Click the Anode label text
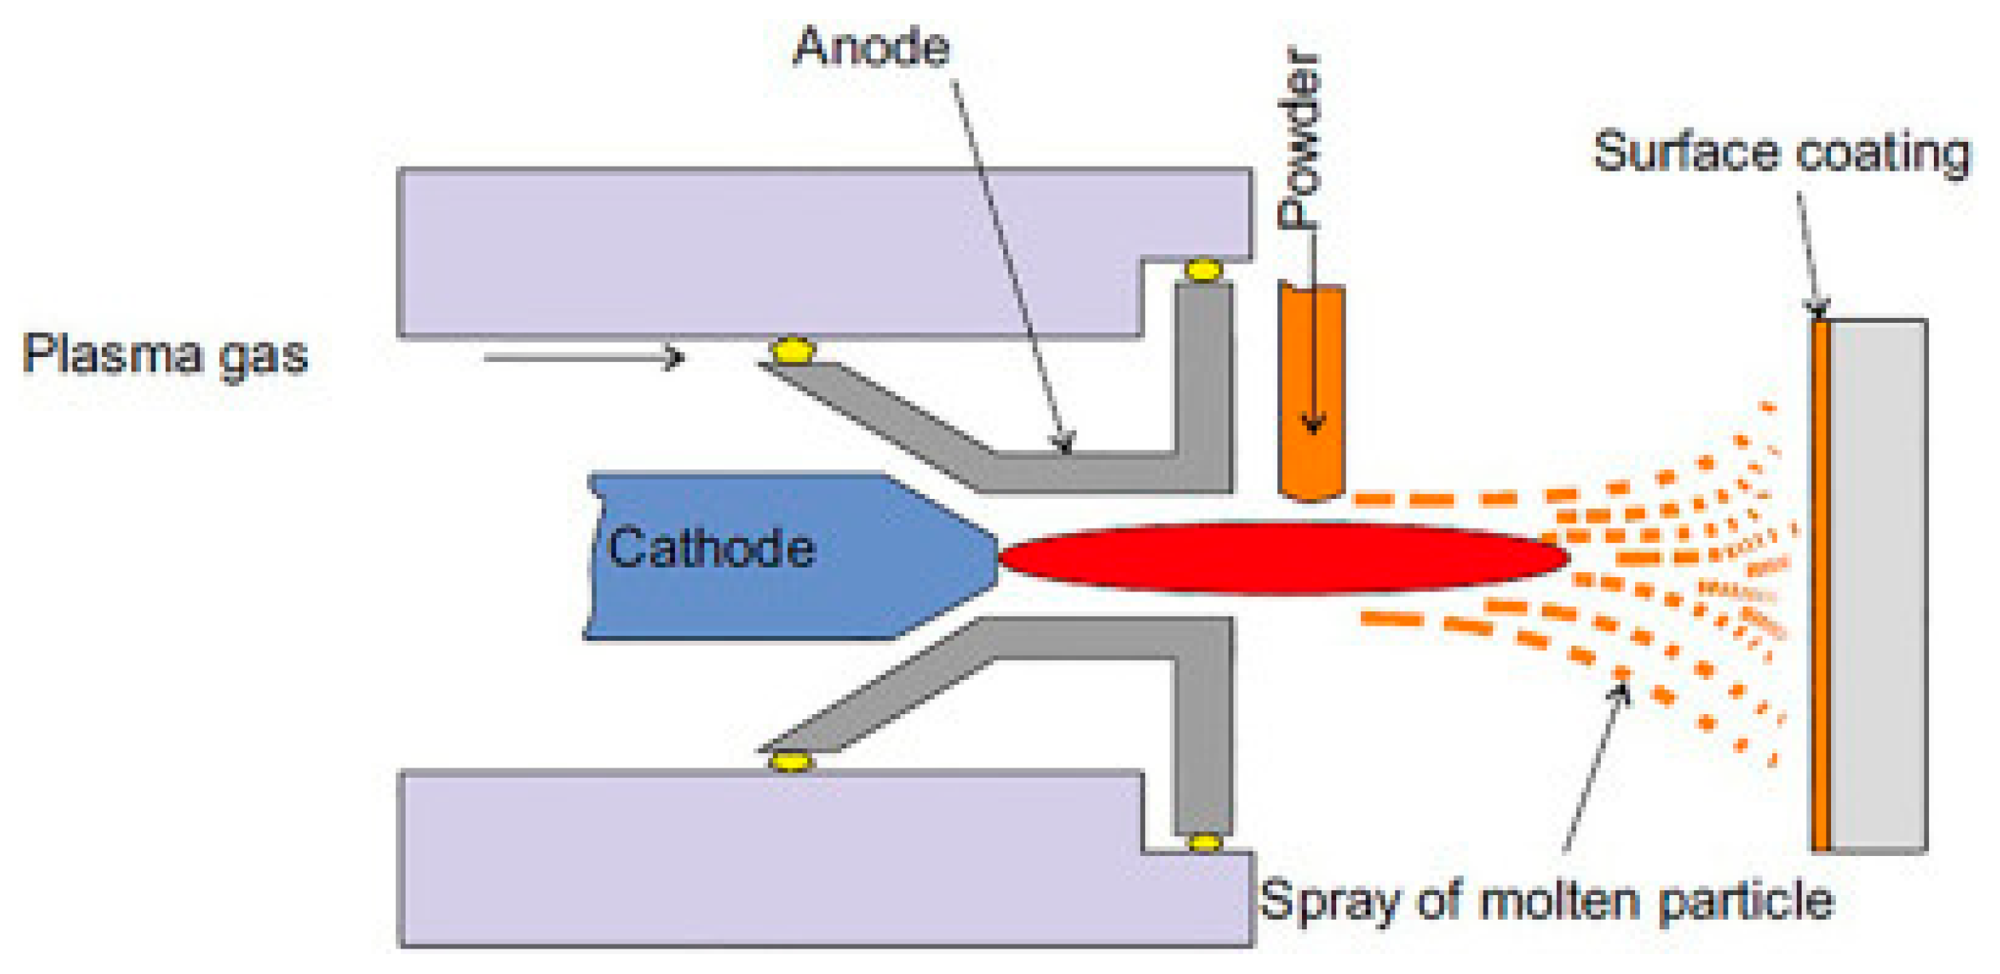(871, 48)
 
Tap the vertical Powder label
(1300, 139)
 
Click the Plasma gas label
(165, 355)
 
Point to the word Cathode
(711, 548)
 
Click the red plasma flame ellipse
(1283, 558)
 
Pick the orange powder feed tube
(1312, 391)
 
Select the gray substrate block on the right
(1878, 586)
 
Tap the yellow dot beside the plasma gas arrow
(792, 351)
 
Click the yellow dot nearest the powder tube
(1203, 270)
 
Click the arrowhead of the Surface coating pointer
(1818, 309)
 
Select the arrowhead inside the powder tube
(1313, 426)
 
